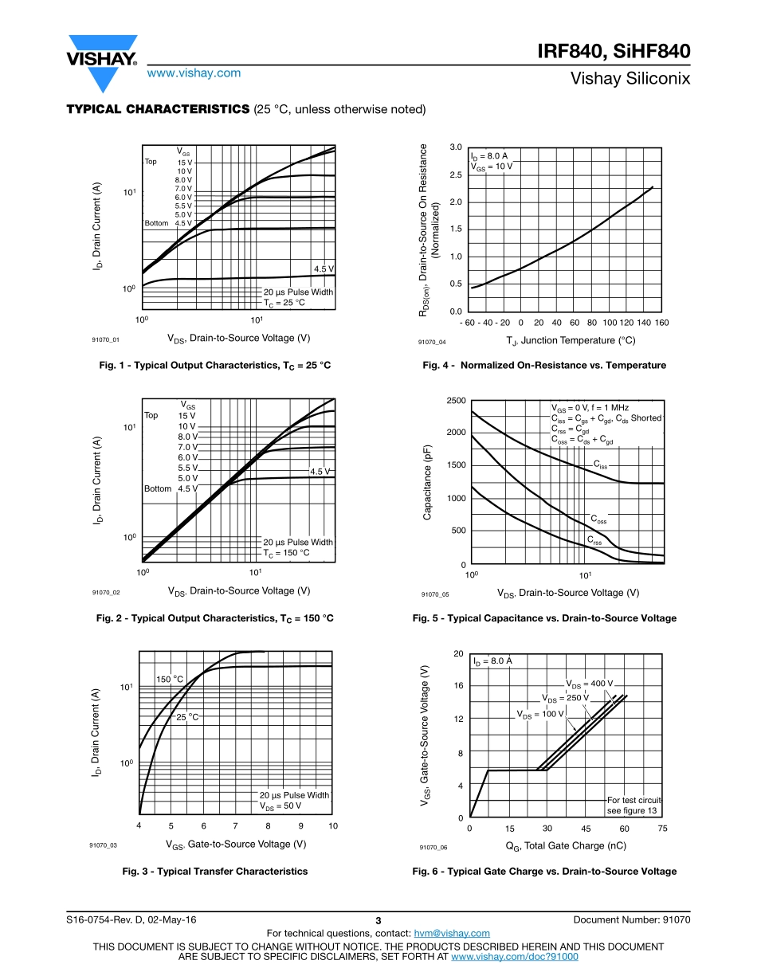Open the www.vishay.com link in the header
click(194, 73)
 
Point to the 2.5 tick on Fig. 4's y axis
click(456, 174)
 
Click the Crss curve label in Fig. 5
click(594, 541)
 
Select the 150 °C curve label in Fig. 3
click(170, 679)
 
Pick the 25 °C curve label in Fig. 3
click(187, 717)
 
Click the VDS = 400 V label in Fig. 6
click(590, 684)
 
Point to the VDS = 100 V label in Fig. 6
click(540, 714)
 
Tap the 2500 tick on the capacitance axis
click(455, 400)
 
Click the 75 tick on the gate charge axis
click(662, 829)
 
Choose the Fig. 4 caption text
click(544, 365)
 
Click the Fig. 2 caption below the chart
click(214, 618)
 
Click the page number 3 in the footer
click(378, 921)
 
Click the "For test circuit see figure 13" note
click(634, 806)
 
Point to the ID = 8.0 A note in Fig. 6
click(492, 661)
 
